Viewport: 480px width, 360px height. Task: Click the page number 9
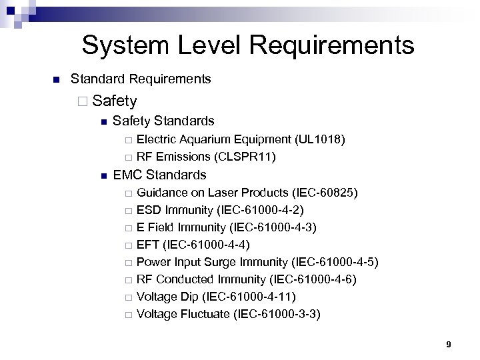(449, 344)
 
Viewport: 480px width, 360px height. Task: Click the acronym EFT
(148, 245)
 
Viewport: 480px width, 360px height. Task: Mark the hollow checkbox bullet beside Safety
(83, 101)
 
